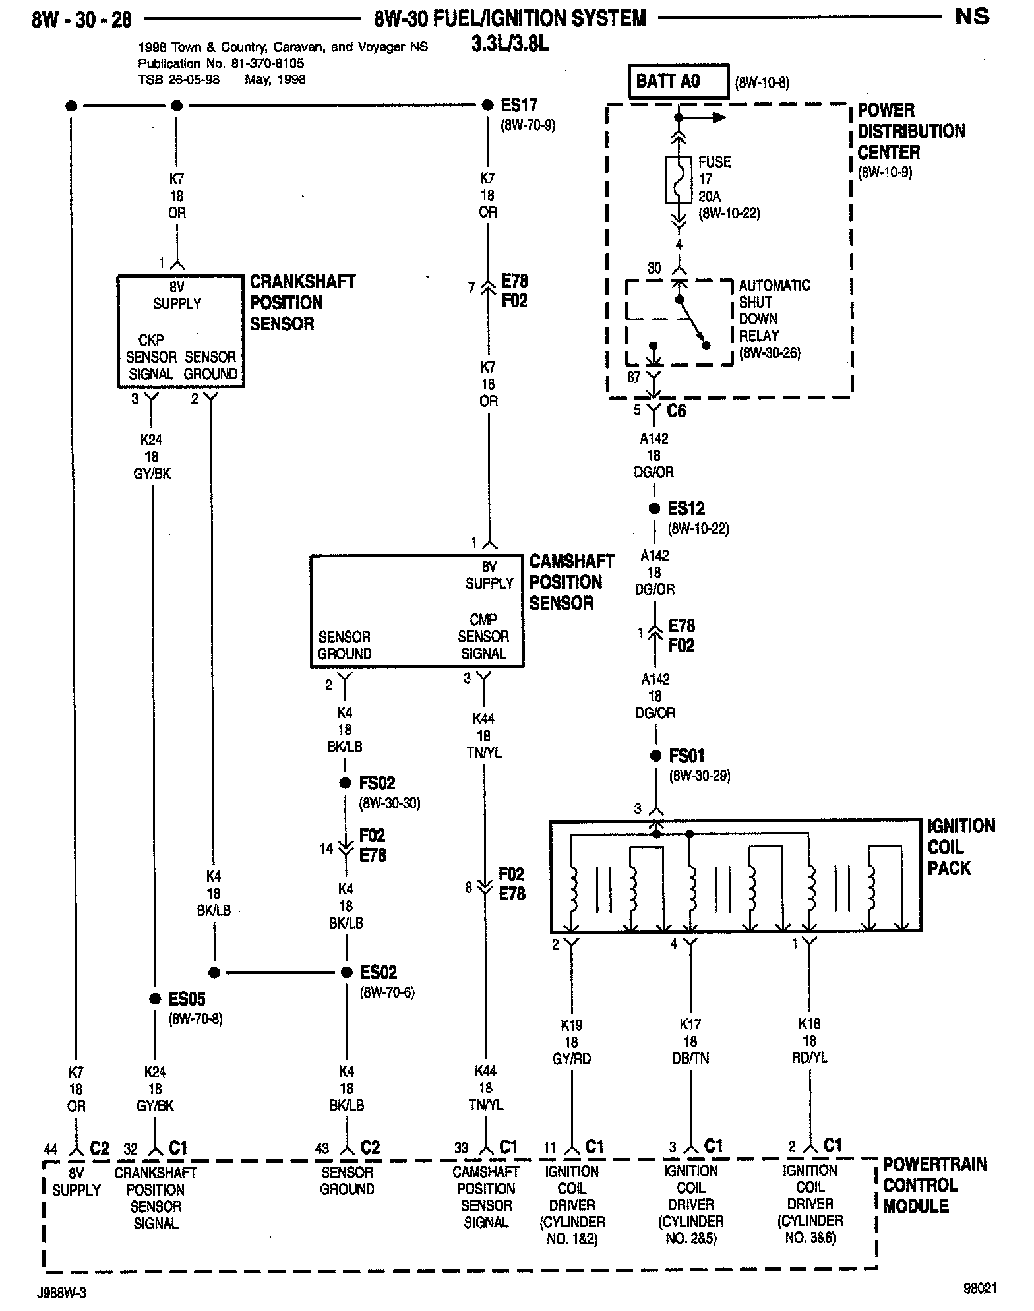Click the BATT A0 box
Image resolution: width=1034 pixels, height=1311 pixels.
(x=679, y=81)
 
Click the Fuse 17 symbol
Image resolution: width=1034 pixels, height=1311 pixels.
(x=679, y=179)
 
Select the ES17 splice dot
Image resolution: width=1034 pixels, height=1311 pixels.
(x=487, y=106)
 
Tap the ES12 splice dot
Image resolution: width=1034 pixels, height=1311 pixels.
(x=654, y=508)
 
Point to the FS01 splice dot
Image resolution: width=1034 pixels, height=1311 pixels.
(x=655, y=756)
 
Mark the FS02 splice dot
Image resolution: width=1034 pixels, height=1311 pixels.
(x=345, y=783)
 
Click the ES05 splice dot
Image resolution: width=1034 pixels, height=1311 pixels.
(x=154, y=998)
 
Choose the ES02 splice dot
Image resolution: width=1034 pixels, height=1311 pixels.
(x=346, y=972)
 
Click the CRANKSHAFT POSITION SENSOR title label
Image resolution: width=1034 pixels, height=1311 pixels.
(x=301, y=303)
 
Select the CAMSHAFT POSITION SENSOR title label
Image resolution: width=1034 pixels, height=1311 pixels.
(x=571, y=582)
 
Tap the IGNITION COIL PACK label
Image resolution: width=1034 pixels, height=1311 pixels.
(x=960, y=847)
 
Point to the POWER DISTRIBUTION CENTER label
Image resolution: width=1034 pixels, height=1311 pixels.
(x=910, y=131)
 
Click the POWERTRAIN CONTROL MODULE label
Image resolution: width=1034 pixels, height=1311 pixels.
(x=934, y=1184)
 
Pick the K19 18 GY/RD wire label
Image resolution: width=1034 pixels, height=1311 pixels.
(x=572, y=1041)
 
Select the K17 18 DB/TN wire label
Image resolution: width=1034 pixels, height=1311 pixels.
(x=690, y=1041)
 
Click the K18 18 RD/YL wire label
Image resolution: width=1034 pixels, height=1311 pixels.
(x=809, y=1041)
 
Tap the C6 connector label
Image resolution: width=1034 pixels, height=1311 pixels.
(x=677, y=411)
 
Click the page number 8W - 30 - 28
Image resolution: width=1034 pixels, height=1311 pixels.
(x=82, y=20)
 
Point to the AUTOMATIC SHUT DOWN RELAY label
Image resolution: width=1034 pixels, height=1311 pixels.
(x=774, y=319)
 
